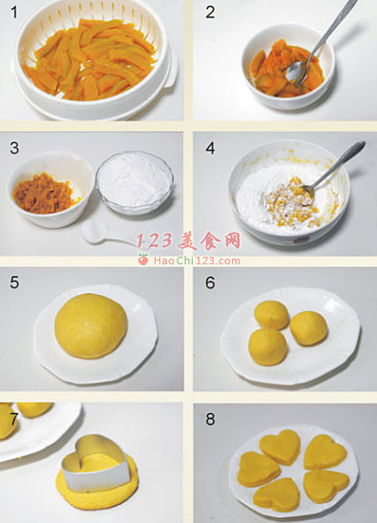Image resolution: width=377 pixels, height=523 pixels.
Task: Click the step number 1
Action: [13, 12]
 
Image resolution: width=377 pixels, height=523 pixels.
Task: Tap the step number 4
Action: [210, 148]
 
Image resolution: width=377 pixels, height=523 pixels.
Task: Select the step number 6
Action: [210, 282]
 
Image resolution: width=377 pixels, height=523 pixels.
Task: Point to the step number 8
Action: [210, 419]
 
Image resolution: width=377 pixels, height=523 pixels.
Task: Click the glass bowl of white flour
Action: [135, 181]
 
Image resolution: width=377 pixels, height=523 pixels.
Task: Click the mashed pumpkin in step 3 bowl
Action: [42, 193]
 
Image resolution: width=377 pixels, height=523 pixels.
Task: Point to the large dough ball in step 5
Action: [91, 325]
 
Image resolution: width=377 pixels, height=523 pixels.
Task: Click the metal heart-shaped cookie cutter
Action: [96, 463]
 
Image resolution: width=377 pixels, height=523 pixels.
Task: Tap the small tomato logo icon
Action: [143, 260]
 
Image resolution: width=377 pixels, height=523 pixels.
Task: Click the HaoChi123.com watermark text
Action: [197, 261]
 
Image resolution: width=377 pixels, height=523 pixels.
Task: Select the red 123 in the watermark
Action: [155, 241]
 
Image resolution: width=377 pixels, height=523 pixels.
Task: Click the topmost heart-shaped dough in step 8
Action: [280, 447]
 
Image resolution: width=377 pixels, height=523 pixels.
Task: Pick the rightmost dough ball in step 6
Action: [308, 328]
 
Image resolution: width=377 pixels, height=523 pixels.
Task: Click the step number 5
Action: [14, 282]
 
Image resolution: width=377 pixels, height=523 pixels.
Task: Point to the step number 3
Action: [14, 148]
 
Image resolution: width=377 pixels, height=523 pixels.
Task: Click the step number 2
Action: [210, 12]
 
